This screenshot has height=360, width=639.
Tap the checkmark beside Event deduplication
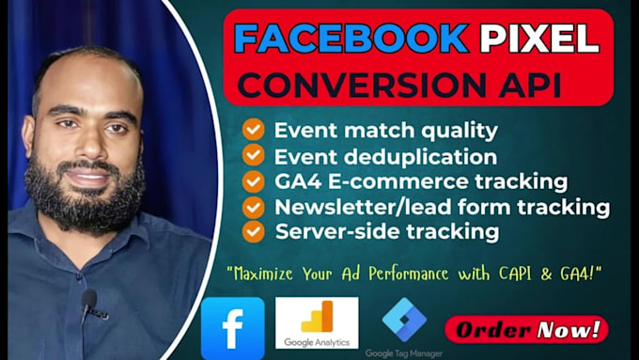(253, 155)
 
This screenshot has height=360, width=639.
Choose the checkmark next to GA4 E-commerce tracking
(253, 180)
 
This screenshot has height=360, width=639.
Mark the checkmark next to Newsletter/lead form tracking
(253, 206)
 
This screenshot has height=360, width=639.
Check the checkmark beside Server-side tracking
(253, 230)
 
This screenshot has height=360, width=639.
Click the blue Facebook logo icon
(233, 328)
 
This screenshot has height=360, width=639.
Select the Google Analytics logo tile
(317, 322)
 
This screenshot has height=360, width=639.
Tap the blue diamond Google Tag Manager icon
(404, 318)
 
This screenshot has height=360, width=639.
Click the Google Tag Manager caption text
(405, 353)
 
